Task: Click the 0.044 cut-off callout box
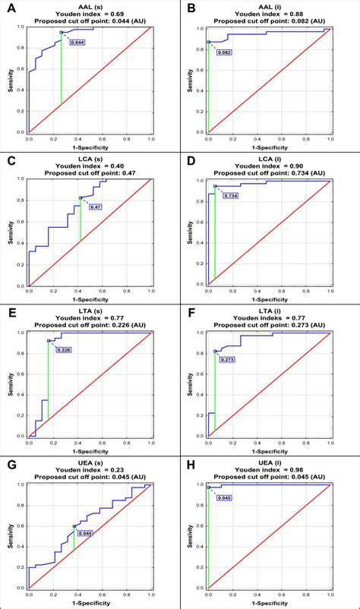click(x=77, y=43)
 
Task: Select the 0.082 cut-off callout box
click(x=223, y=52)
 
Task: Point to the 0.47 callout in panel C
click(x=96, y=207)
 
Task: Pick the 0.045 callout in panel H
click(x=223, y=498)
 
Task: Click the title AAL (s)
click(x=90, y=6)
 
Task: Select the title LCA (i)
click(x=269, y=159)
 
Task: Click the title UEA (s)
click(x=90, y=463)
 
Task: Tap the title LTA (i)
click(x=269, y=311)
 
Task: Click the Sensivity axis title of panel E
click(x=9, y=384)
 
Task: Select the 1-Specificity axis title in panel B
click(x=269, y=147)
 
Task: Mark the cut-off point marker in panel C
click(x=80, y=198)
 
